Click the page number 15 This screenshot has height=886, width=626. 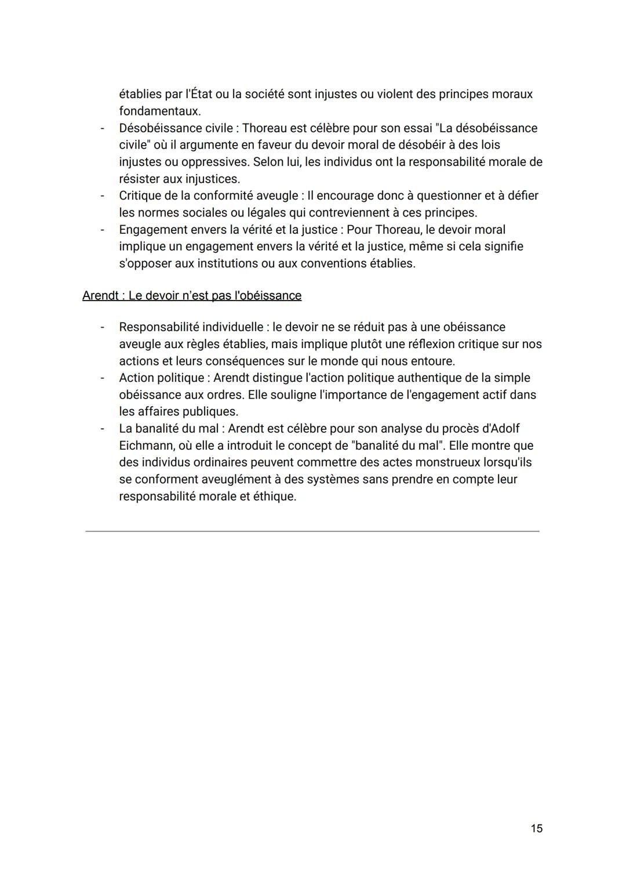coord(536,828)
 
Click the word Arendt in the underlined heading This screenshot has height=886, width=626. coord(100,295)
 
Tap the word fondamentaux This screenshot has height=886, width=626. coord(159,111)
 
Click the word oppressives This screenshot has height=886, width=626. coord(214,162)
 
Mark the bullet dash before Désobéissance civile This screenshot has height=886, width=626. coord(103,128)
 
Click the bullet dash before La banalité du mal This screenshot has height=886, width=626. coord(103,429)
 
